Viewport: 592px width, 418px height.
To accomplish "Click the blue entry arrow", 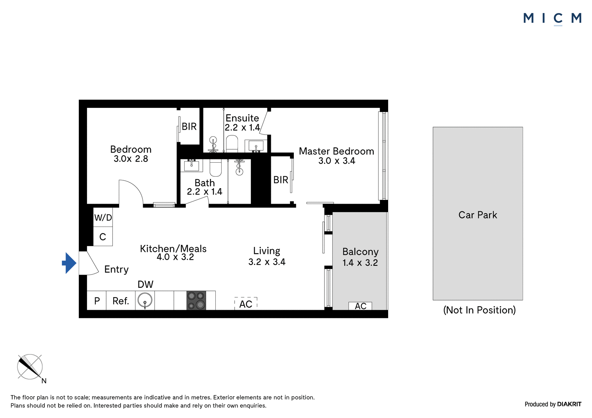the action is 69,263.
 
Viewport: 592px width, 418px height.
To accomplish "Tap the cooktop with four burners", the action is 196,300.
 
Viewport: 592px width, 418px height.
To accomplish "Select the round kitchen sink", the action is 145,300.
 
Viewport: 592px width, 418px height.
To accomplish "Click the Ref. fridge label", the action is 121,301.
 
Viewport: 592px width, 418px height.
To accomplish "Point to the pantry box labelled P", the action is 97,300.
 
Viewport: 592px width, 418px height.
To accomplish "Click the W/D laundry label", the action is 103,218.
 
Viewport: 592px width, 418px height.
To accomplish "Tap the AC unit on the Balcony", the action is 360,306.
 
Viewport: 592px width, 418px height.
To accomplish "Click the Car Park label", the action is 478,215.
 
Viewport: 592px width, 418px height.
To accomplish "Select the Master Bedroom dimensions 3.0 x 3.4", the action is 337,160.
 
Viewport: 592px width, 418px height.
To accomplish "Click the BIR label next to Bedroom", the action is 189,127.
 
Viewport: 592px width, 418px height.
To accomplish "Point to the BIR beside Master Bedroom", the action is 281,180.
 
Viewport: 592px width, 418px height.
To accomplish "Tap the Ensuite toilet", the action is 232,143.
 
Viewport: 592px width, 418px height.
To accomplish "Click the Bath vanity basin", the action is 191,165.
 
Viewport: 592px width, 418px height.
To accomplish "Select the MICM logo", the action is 552,19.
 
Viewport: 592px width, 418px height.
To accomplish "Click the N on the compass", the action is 44,381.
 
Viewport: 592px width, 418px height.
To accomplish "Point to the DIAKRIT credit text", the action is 569,404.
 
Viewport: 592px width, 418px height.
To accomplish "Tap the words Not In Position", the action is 480,310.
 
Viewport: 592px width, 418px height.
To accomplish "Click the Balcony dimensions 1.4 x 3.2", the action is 360,263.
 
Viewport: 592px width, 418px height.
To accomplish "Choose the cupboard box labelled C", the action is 103,236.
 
